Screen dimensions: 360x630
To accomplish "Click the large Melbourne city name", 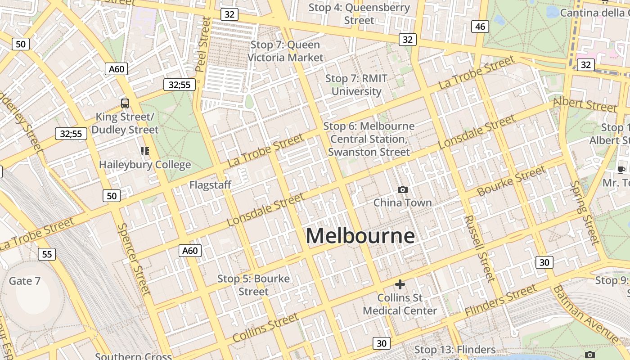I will pyautogui.click(x=360, y=236).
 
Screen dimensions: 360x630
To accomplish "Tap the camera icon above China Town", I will pyautogui.click(x=403, y=190).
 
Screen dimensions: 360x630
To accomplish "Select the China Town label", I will pyautogui.click(x=402, y=203).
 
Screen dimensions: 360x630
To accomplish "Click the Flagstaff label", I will pyautogui.click(x=210, y=185).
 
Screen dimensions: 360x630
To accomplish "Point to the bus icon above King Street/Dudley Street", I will pyautogui.click(x=125, y=103).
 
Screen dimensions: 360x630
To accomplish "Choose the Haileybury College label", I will pyautogui.click(x=145, y=165).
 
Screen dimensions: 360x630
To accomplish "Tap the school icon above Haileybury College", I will pyautogui.click(x=144, y=151).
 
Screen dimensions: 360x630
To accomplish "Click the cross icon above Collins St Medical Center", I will pyautogui.click(x=400, y=284).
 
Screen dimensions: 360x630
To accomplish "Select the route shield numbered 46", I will pyautogui.click(x=480, y=27).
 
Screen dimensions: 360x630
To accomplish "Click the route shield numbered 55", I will pyautogui.click(x=47, y=254).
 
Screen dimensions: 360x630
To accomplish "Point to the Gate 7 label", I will pyautogui.click(x=25, y=281).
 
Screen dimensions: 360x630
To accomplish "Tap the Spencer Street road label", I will pyautogui.click(x=134, y=259).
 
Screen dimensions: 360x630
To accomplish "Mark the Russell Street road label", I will pyautogui.click(x=480, y=248).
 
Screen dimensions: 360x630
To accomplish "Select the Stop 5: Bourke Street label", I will pyautogui.click(x=253, y=285).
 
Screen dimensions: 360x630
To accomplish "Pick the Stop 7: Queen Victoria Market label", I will pyautogui.click(x=285, y=51).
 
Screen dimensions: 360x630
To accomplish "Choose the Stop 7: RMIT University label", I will pyautogui.click(x=356, y=85).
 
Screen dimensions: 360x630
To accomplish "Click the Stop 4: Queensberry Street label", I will pyautogui.click(x=359, y=14).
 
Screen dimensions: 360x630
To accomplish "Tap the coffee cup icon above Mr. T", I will pyautogui.click(x=621, y=170).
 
